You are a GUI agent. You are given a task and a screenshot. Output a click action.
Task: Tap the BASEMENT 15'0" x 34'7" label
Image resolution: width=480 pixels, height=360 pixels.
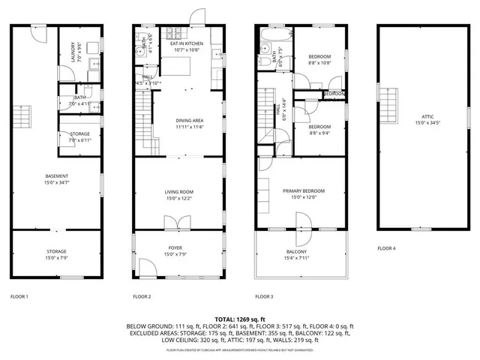(x=56, y=178)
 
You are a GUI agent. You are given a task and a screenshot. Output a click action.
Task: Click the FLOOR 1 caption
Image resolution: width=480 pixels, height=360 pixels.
(x=19, y=296)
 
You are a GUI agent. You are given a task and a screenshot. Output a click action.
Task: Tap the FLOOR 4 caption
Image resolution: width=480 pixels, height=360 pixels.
(x=386, y=247)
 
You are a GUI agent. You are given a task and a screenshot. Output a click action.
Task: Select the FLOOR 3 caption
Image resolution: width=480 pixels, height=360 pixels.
(x=264, y=296)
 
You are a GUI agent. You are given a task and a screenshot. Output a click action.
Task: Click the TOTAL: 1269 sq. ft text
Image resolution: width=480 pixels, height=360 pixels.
(x=240, y=319)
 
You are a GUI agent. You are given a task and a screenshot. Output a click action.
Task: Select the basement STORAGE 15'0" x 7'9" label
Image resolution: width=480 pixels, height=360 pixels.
(x=56, y=254)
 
